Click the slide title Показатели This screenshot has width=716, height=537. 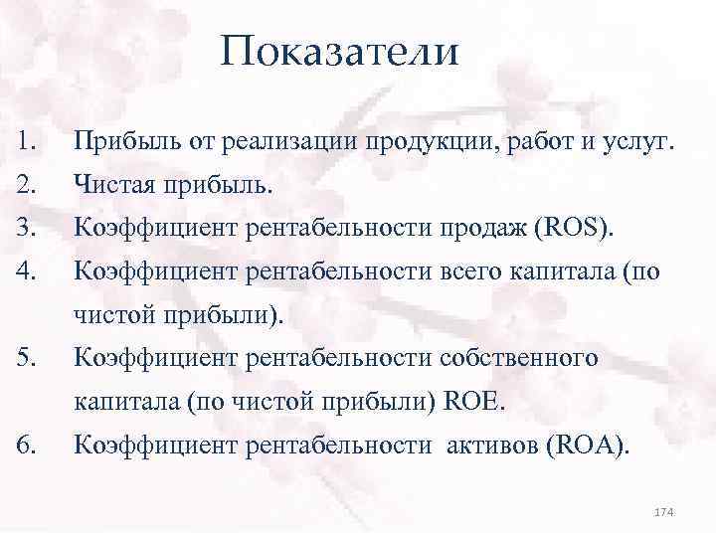pyautogui.click(x=340, y=51)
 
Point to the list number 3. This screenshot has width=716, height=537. pyautogui.click(x=28, y=229)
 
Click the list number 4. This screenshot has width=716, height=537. pyautogui.click(x=28, y=271)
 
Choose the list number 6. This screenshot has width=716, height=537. pyautogui.click(x=28, y=444)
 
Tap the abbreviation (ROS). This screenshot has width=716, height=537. pyautogui.click(x=574, y=229)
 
